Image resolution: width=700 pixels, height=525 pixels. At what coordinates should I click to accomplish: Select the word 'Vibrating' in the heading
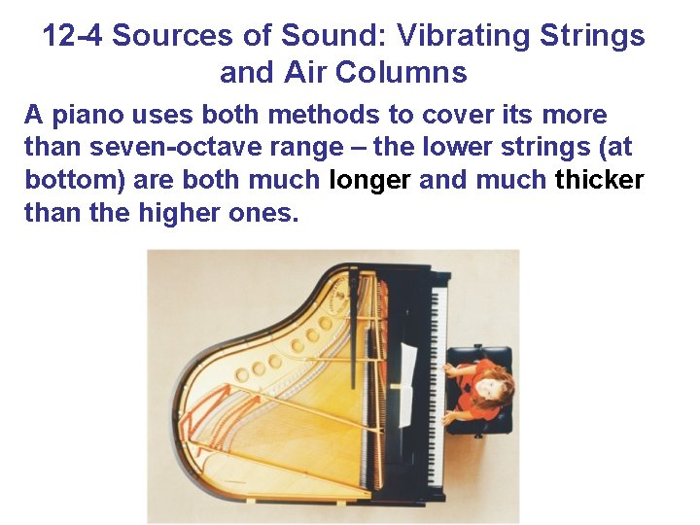[x=445, y=37]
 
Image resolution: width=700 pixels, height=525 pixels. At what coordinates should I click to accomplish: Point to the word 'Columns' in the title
[x=410, y=72]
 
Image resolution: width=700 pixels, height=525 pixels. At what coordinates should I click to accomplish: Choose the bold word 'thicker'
[x=599, y=180]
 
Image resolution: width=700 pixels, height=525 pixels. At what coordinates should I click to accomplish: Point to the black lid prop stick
[x=354, y=311]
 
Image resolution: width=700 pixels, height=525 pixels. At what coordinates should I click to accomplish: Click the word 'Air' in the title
[x=326, y=72]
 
